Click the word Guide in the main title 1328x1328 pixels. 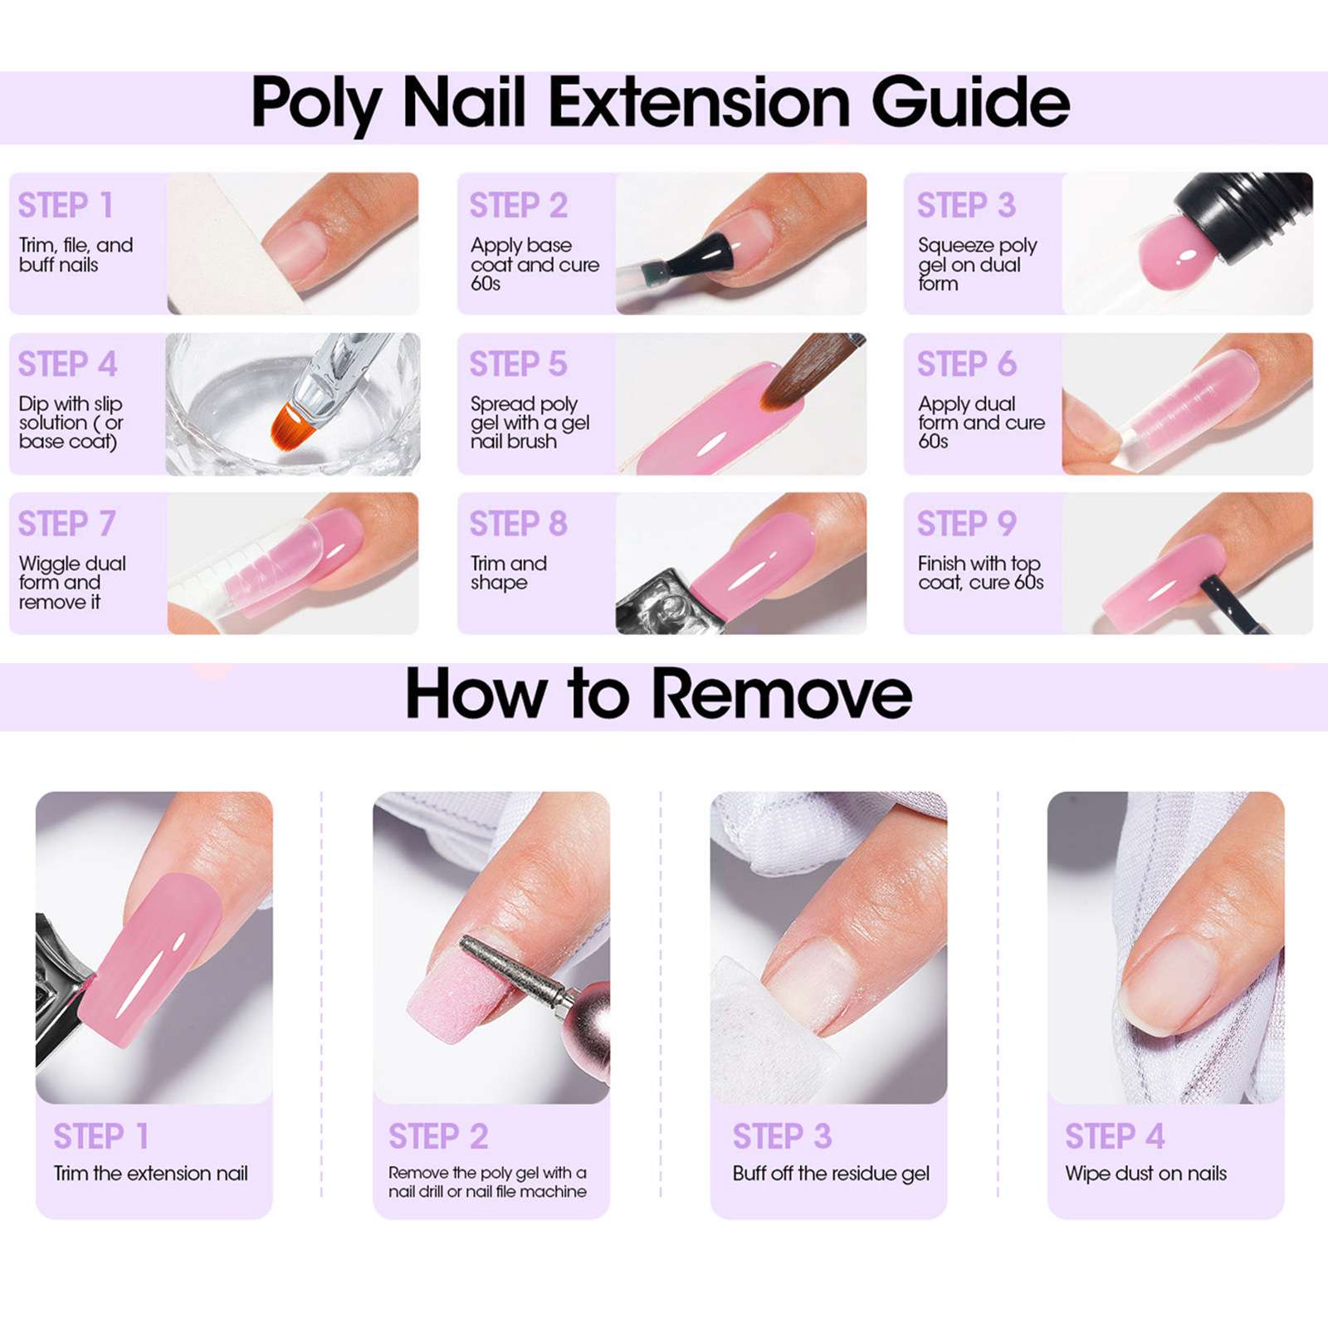tap(969, 104)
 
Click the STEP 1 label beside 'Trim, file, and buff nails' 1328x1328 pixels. tap(66, 206)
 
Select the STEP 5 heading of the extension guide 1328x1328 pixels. tap(518, 364)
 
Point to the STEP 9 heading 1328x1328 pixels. tap(966, 524)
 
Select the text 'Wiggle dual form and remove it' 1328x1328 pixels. tap(71, 583)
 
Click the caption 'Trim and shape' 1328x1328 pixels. tap(508, 573)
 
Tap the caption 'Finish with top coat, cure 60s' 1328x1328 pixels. tap(979, 573)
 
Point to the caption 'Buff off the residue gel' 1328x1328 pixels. tap(830, 1174)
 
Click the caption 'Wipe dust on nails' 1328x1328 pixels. tap(1145, 1174)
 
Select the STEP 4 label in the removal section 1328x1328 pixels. tap(1114, 1136)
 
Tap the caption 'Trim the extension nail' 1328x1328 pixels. tap(150, 1174)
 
